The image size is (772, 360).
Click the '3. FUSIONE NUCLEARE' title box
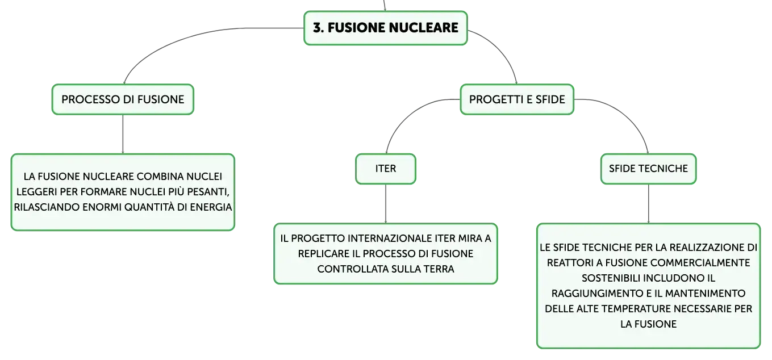coord(385,28)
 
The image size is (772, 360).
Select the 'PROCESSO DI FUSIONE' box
coord(123,99)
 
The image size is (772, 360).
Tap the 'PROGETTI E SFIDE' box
coord(517,99)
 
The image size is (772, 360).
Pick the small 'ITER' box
coord(386,169)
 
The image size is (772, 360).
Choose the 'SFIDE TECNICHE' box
coord(648,169)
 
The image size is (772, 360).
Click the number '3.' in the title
coord(319,28)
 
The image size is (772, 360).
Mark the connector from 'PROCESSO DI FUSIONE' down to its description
coord(123,134)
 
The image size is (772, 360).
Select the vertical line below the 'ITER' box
coord(386,204)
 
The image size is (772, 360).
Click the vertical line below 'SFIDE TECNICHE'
coord(648,204)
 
